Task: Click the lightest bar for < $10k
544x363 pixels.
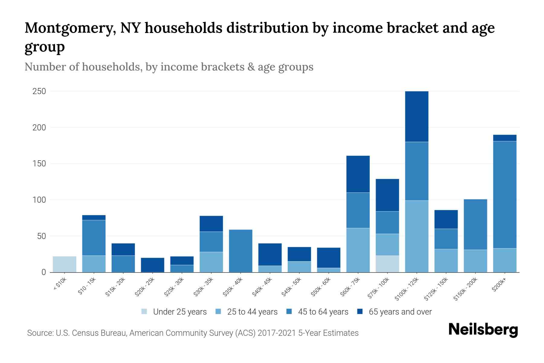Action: pos(64,264)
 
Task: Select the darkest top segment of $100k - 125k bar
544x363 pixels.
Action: pos(416,116)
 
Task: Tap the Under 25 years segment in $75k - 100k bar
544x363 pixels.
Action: pos(387,264)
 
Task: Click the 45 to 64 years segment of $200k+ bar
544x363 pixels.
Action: pos(504,195)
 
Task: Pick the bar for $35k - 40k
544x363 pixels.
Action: pos(241,251)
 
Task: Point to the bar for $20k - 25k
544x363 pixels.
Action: pos(153,265)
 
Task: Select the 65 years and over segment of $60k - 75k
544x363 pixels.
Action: pos(358,174)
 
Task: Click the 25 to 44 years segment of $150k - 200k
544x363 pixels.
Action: pos(475,261)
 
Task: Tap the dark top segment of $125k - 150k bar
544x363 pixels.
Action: pos(446,219)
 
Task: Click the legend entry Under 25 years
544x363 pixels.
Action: pos(180,312)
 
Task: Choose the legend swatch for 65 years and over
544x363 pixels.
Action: pos(360,312)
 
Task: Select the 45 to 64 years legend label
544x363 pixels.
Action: pos(323,312)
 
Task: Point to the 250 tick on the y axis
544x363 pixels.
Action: pos(39,91)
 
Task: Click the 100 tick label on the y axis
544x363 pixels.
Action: pos(39,200)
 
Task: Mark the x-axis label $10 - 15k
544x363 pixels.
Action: pos(87,286)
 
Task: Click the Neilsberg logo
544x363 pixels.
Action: pos(483,330)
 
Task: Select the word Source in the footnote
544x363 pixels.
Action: pos(40,333)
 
